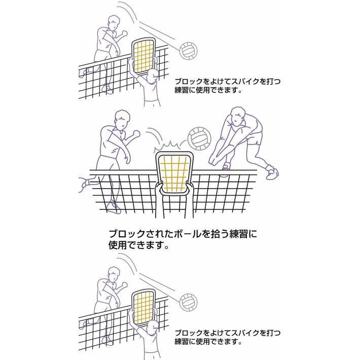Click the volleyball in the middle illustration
click(199, 139)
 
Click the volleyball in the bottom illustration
click(188, 302)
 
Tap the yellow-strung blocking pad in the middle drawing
click(174, 174)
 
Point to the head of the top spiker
click(114, 23)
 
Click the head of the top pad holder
click(153, 77)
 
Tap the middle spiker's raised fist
click(136, 134)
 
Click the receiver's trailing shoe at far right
click(272, 172)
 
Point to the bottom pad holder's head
click(153, 328)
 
